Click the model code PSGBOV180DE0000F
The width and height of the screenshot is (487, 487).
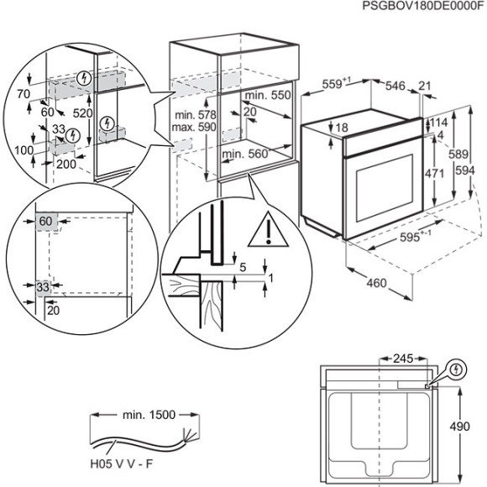click(x=424, y=6)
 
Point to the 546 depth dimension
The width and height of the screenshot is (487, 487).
click(x=395, y=85)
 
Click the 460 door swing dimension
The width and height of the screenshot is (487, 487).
click(x=376, y=283)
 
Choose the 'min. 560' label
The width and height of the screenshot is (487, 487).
click(x=245, y=154)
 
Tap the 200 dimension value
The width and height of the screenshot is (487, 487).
click(x=66, y=164)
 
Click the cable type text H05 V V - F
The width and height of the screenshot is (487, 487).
click(x=122, y=461)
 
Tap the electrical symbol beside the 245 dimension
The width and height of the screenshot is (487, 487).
click(x=458, y=368)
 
